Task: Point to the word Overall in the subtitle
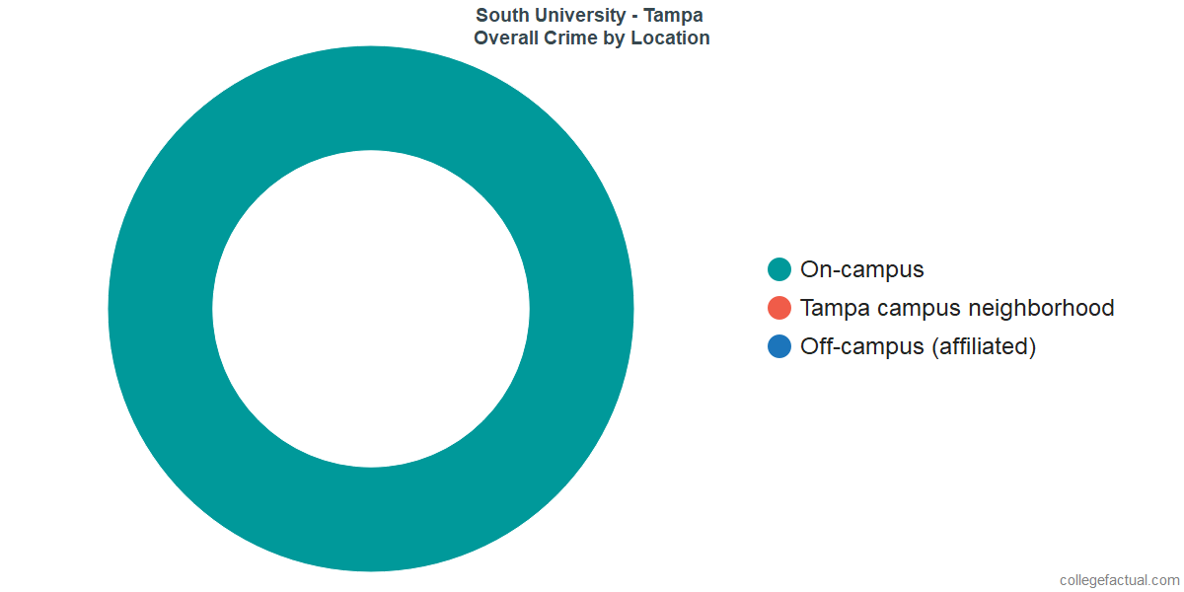click(x=508, y=38)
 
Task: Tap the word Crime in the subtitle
click(x=572, y=38)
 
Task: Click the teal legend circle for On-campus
click(x=779, y=269)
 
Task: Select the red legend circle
click(x=779, y=308)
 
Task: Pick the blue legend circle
click(x=779, y=346)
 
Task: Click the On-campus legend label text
click(x=861, y=269)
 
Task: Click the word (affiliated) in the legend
click(x=983, y=346)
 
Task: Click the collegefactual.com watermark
click(x=1119, y=580)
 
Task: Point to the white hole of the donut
click(x=370, y=309)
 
